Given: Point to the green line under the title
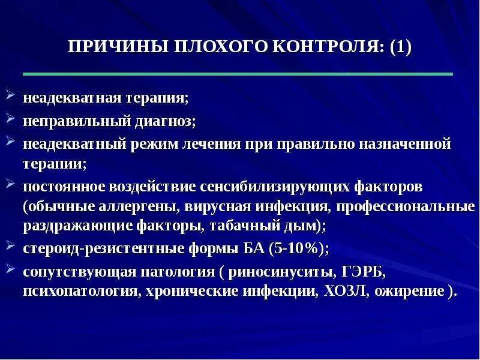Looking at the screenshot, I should click(238, 74).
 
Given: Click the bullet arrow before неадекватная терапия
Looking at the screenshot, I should click(12, 95).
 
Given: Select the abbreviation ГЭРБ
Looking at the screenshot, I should click(365, 272).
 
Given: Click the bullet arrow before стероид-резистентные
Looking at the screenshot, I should click(12, 246).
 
